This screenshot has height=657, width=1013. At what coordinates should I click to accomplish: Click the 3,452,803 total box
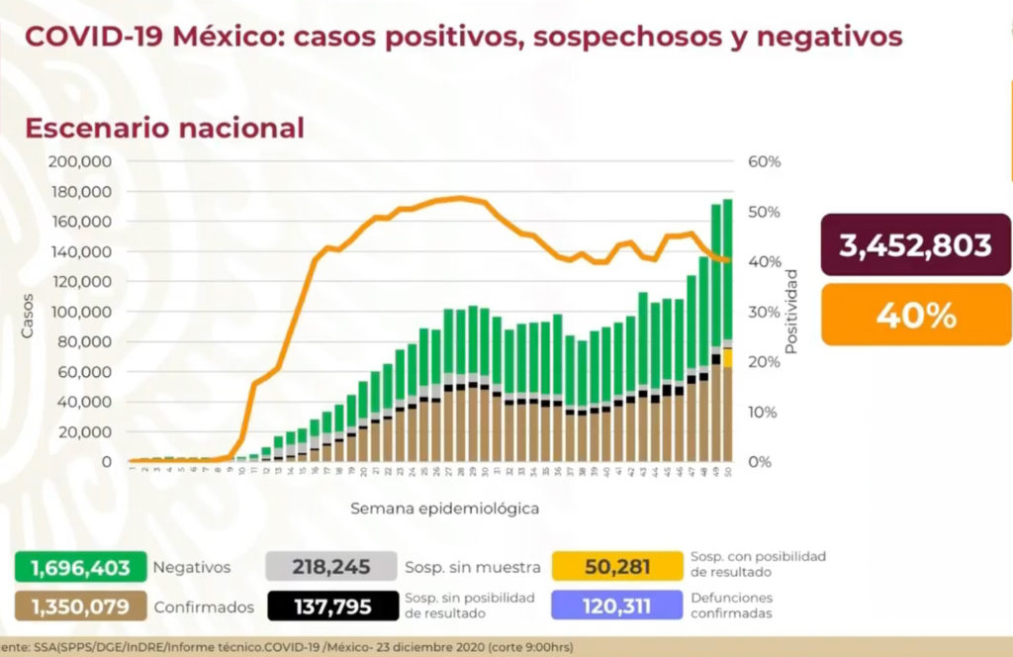(x=915, y=245)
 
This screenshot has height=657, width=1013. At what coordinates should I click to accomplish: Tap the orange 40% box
(x=915, y=315)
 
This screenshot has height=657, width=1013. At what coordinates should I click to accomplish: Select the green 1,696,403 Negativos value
(x=80, y=567)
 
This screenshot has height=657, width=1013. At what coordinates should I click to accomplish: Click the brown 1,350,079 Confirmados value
(x=80, y=606)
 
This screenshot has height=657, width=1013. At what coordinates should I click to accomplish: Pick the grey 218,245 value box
(x=330, y=567)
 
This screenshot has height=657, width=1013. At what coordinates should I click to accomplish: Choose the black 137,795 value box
(x=330, y=606)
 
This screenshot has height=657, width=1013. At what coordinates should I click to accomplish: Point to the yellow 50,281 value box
(x=618, y=567)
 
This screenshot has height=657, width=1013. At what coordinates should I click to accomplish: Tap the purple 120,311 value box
(x=618, y=606)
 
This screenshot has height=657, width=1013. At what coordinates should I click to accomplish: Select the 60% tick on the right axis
(x=765, y=161)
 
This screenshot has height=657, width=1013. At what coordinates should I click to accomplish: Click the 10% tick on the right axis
(x=765, y=412)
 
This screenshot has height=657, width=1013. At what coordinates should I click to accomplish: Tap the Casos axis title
(x=28, y=314)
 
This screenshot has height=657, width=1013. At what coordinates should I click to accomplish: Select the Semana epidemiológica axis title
(x=444, y=509)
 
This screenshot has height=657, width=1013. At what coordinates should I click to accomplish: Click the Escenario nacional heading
(x=164, y=128)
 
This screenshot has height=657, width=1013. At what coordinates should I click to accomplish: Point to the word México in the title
(x=222, y=36)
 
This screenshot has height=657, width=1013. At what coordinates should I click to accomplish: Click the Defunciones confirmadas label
(x=733, y=606)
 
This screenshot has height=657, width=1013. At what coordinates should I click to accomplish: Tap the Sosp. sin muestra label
(x=473, y=568)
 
